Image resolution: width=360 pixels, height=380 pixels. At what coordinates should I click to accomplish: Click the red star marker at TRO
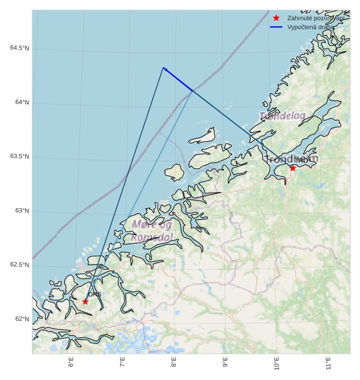[292, 167]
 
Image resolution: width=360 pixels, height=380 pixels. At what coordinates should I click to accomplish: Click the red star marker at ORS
[85, 301]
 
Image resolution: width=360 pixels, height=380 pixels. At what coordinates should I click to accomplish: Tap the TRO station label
[301, 161]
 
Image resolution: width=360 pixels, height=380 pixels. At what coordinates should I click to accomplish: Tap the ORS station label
[95, 294]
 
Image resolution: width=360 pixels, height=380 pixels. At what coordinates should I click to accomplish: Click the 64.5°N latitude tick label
[20, 48]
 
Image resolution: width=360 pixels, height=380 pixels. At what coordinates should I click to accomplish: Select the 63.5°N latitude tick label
[20, 157]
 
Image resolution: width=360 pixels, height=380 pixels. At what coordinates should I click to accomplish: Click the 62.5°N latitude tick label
[20, 265]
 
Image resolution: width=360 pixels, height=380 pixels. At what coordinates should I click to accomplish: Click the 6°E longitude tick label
[71, 363]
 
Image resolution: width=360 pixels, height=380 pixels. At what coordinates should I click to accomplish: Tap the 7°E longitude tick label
[123, 363]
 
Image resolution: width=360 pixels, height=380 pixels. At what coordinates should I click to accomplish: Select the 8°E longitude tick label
[174, 363]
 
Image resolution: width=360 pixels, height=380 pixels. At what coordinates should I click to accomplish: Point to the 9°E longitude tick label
[225, 363]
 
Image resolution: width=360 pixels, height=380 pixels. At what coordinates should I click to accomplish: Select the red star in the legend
[276, 18]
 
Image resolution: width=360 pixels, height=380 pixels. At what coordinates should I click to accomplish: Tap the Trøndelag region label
[282, 116]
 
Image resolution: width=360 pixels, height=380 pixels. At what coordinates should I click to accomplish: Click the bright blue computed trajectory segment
[177, 79]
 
